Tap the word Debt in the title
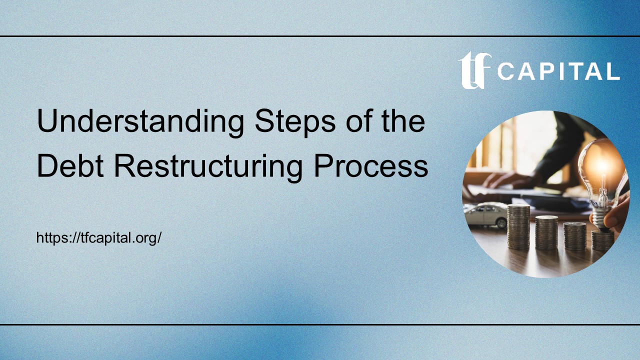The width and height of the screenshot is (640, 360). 71,166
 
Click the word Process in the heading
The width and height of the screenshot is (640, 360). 371,166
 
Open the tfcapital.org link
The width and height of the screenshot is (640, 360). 98,237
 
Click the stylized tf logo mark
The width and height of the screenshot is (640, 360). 474,70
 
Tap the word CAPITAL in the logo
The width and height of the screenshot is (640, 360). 558,71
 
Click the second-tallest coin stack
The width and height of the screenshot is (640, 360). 546,232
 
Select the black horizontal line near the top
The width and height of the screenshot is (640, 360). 320,36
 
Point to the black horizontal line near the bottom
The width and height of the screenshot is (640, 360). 320,324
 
